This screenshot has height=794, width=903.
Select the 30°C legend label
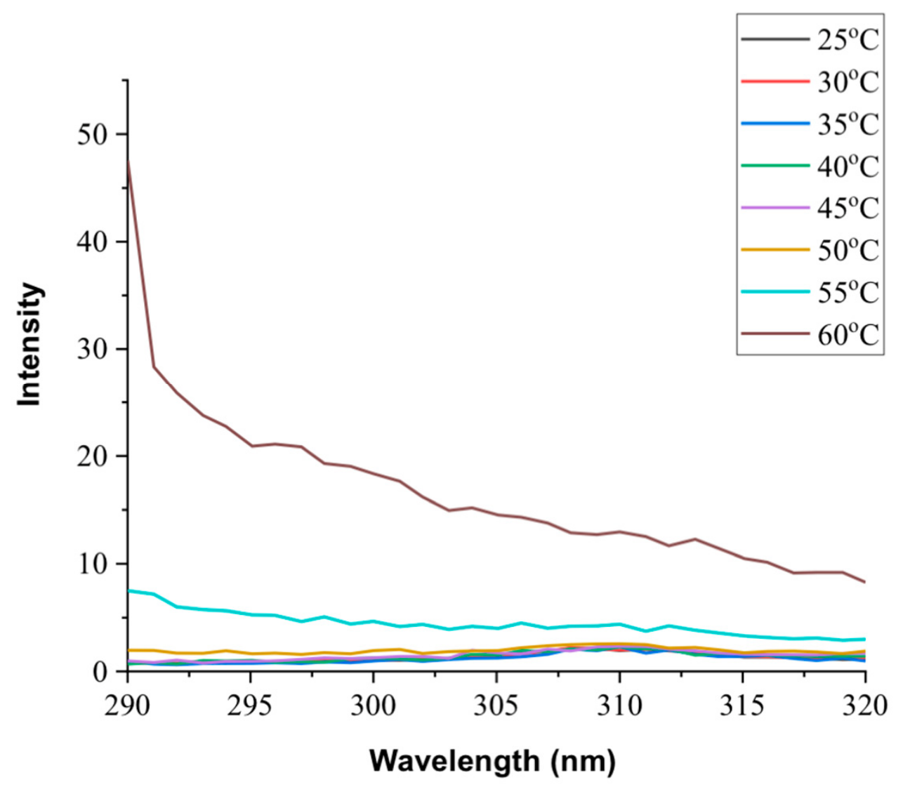click(847, 81)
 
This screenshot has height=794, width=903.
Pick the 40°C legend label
click(847, 166)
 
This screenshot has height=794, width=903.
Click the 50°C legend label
click(847, 249)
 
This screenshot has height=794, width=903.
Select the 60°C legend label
click(847, 333)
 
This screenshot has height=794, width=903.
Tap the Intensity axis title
click(30, 344)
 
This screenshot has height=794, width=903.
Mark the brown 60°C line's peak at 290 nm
click(128, 161)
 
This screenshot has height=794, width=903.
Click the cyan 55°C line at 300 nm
click(374, 621)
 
